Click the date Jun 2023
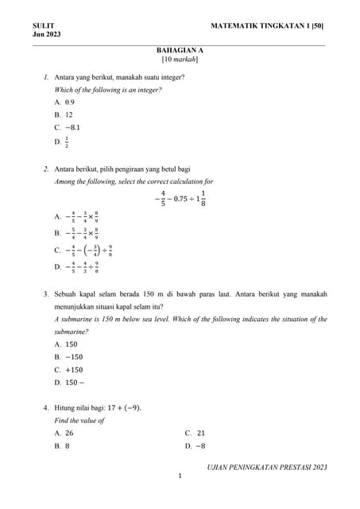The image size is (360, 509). pos(47,35)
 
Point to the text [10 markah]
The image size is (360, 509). pos(180,60)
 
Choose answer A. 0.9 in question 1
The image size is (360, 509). pos(65,103)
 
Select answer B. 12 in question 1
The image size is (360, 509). pos(64,115)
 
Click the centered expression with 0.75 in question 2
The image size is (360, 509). pos(180,199)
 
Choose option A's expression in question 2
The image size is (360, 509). pos(78,216)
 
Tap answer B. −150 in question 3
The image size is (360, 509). pos(69,357)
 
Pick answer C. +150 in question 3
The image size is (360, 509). pos(69,370)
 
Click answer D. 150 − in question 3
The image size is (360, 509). pos(70,383)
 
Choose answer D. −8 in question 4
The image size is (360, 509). pos(195,446)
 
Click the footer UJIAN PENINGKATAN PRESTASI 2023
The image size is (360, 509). pos(267,467)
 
